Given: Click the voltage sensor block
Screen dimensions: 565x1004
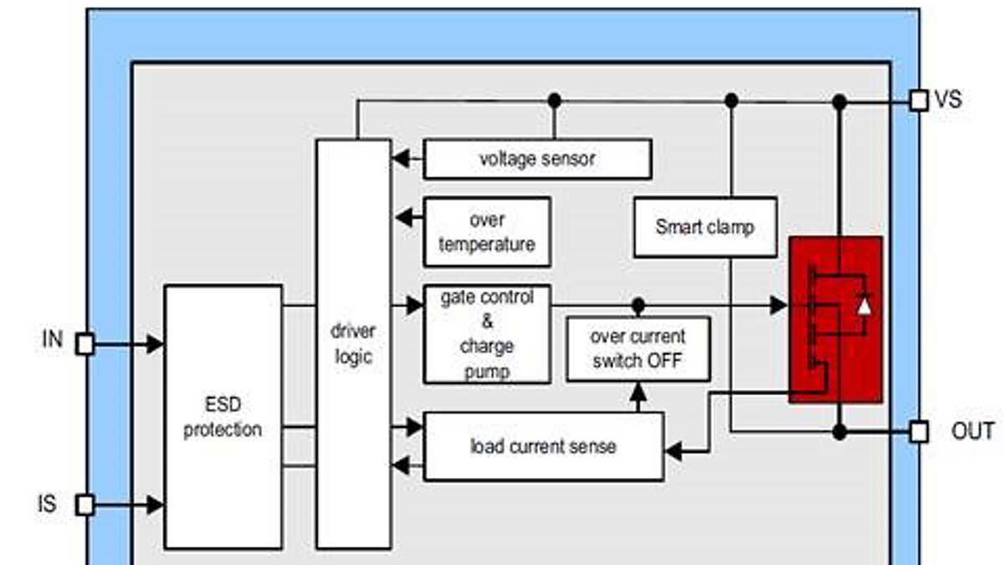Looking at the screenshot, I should coord(537,159).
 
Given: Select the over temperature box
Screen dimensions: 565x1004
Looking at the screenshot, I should coord(487,232).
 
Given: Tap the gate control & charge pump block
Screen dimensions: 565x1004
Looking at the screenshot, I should coord(487,334).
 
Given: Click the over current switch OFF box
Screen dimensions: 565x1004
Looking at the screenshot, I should coord(638,349).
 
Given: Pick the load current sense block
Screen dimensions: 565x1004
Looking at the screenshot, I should coord(543,446).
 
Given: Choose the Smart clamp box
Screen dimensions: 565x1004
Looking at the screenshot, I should coord(704,227).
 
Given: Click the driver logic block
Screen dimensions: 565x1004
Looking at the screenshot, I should coord(353,343).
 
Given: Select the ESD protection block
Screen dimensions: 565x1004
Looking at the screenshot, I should coord(223,417).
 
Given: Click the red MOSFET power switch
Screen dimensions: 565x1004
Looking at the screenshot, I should coord(835,319).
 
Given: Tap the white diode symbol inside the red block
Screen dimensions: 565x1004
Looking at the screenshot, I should coord(864,306).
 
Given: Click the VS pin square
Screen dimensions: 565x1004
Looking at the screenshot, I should coord(919,101).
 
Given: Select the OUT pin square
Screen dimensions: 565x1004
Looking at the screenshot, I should coord(919,432).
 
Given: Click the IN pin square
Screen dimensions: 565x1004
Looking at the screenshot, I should coord(85,343).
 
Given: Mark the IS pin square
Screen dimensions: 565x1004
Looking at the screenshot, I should coord(85,505).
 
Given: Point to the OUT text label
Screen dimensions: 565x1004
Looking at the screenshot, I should coord(972,432).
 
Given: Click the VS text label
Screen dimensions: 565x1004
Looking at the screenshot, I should coord(948,100).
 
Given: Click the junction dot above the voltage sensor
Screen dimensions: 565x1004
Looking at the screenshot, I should coord(554,100).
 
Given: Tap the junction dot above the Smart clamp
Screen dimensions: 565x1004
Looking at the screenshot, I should coord(731,100).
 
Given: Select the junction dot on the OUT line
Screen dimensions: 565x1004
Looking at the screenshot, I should coord(839,432).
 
